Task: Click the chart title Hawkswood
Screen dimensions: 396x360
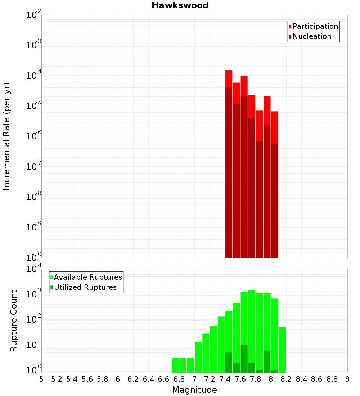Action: tap(180, 5)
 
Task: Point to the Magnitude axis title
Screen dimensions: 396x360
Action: tap(194, 390)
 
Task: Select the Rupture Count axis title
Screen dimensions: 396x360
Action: tap(14, 320)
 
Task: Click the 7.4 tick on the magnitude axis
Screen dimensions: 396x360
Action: tap(225, 379)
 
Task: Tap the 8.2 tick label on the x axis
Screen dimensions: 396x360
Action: tap(286, 379)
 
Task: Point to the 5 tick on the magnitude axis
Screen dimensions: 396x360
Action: tap(41, 379)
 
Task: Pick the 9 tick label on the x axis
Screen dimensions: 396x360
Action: tap(347, 379)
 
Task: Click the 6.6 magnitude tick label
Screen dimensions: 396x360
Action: tap(164, 379)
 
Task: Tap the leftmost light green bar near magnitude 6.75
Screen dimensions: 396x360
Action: tap(175, 365)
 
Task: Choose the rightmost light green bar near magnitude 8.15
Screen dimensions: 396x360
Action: tap(282, 350)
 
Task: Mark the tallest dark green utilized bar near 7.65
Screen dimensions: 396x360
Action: tap(244, 359)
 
